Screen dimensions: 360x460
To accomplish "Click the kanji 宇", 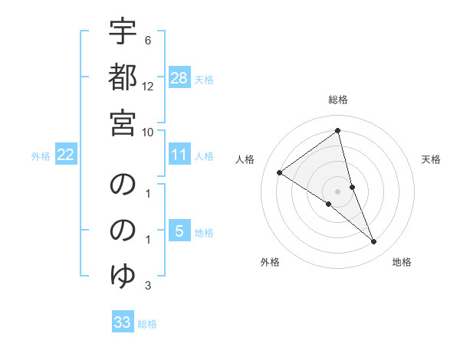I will tap(123, 33).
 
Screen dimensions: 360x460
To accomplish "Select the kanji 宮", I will tap(123, 122).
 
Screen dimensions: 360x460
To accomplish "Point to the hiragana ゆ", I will tap(123, 275).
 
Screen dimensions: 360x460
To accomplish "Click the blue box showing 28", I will tap(179, 78).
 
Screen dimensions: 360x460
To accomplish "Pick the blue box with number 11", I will tap(179, 155).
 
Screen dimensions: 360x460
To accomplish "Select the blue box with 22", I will tap(66, 155).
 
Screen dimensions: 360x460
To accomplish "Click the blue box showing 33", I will tap(123, 322).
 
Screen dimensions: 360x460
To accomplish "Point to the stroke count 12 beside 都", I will tap(148, 87).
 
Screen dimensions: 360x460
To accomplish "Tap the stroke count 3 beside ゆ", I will tap(148, 286).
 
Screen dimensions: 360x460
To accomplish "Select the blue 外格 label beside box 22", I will tap(41, 155).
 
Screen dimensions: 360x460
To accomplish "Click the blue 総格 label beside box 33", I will tap(147, 323).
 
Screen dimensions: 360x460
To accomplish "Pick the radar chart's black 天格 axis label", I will tap(431, 159).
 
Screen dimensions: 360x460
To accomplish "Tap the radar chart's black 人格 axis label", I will tap(245, 159).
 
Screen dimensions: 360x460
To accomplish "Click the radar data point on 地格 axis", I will tap(374, 242).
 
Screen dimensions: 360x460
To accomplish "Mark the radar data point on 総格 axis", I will tap(338, 131).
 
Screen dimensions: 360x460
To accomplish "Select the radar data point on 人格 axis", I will tap(280, 172).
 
